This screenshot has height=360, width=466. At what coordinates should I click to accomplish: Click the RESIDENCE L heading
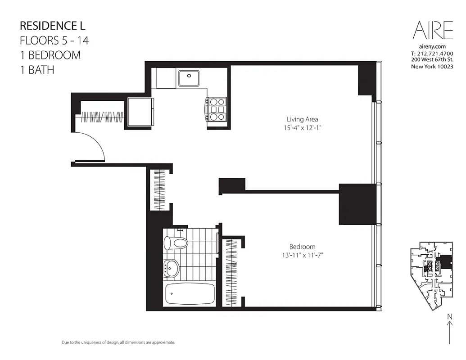coord(53,25)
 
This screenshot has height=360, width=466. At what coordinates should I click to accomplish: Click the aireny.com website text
coord(432,46)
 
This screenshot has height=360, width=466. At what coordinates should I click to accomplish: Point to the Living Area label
coord(302,119)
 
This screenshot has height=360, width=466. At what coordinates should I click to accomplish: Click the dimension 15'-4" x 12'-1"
coord(302,128)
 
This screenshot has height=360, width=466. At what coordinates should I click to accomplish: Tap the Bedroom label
coord(302,247)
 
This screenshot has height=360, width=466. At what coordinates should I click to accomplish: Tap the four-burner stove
coord(217,109)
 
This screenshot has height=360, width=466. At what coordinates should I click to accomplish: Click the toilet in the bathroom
coord(176,243)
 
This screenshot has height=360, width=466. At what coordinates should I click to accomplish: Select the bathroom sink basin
coord(172,269)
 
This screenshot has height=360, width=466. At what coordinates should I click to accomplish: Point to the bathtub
coord(190,293)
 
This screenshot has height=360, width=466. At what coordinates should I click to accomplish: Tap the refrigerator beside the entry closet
coord(140,112)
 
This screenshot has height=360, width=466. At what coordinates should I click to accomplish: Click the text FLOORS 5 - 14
coord(54,40)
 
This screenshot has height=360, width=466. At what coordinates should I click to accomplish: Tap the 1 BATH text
coord(37,70)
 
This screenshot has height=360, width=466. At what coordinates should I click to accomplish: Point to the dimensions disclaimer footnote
coord(118,342)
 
